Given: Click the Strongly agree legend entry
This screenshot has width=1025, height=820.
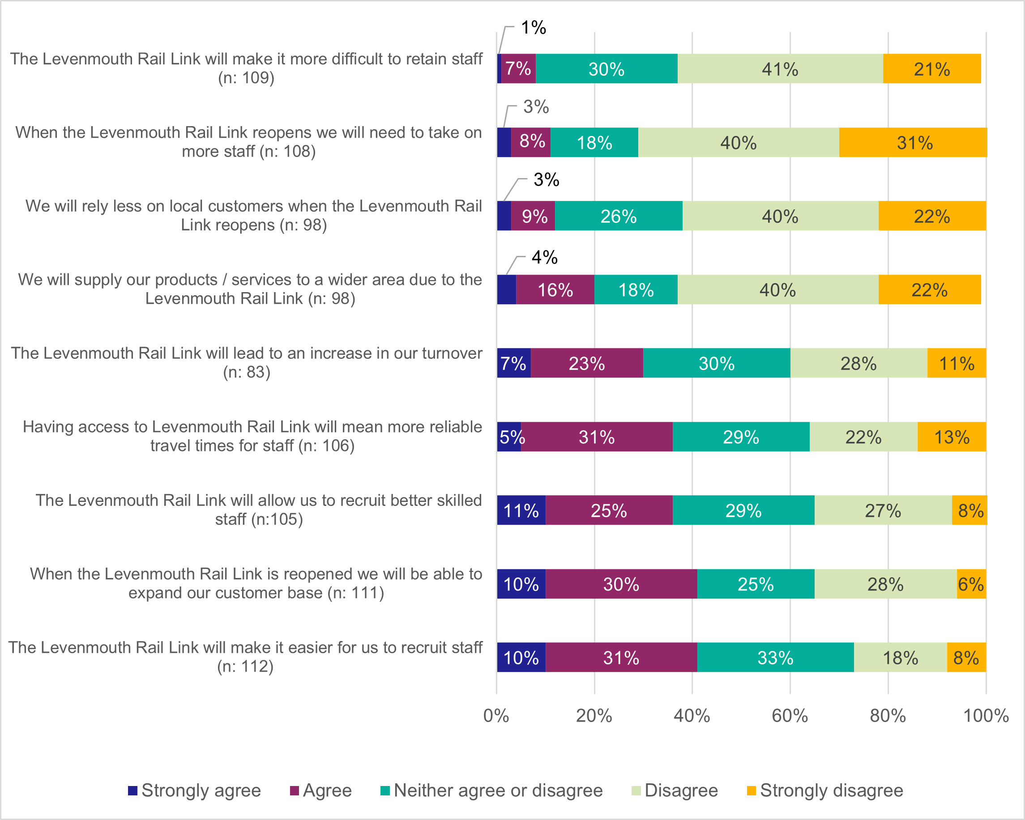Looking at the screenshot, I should tap(194, 790).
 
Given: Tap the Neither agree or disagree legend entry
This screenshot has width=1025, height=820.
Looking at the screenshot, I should tap(491, 790).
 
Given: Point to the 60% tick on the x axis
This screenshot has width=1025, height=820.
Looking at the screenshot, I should tap(790, 716).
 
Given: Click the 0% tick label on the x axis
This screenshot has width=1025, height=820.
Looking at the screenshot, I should tap(496, 716).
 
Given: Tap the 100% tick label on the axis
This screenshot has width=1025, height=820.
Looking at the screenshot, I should tap(986, 716).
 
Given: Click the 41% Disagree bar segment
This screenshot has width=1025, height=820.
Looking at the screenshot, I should tap(780, 69).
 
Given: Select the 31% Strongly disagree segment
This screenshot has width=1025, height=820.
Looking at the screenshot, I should tap(913, 143).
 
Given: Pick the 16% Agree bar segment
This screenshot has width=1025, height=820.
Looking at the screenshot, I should tap(555, 290).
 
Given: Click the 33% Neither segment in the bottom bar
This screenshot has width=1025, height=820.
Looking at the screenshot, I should tap(775, 658).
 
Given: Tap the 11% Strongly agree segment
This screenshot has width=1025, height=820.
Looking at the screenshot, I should tap(521, 510).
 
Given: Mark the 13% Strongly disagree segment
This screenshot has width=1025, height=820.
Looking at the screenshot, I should tap(951, 437).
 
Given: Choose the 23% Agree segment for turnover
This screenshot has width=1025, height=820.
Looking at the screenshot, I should tap(587, 363).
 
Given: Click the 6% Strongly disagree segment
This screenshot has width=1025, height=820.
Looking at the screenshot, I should tap(971, 584).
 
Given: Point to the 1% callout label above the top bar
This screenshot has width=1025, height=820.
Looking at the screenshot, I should tap(534, 28).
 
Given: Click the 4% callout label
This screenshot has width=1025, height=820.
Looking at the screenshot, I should tap(544, 258).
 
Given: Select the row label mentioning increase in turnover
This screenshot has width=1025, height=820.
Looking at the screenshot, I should tap(246, 362).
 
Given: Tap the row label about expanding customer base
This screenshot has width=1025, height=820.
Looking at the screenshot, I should tap(256, 583).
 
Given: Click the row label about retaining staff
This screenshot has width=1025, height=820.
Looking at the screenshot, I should tap(246, 68).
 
